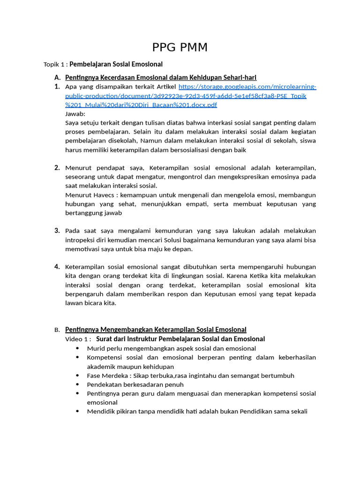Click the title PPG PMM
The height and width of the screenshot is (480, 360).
coord(180,47)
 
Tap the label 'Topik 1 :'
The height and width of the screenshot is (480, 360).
coord(55,64)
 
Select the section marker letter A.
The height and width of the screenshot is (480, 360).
coord(57,77)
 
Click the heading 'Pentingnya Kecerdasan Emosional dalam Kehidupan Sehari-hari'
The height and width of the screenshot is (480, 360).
coord(161,77)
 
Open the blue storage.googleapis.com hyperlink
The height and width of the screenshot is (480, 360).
coord(190,96)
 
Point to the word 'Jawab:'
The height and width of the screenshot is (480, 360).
coord(75,114)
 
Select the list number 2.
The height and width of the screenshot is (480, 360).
coord(57,168)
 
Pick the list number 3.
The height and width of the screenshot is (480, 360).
coord(57,231)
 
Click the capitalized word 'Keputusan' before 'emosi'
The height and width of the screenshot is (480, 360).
coord(226,294)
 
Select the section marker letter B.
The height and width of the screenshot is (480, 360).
coord(57,330)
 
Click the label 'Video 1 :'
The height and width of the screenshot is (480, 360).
coord(78,339)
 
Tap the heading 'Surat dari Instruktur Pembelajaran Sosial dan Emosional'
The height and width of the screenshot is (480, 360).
coord(180,339)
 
